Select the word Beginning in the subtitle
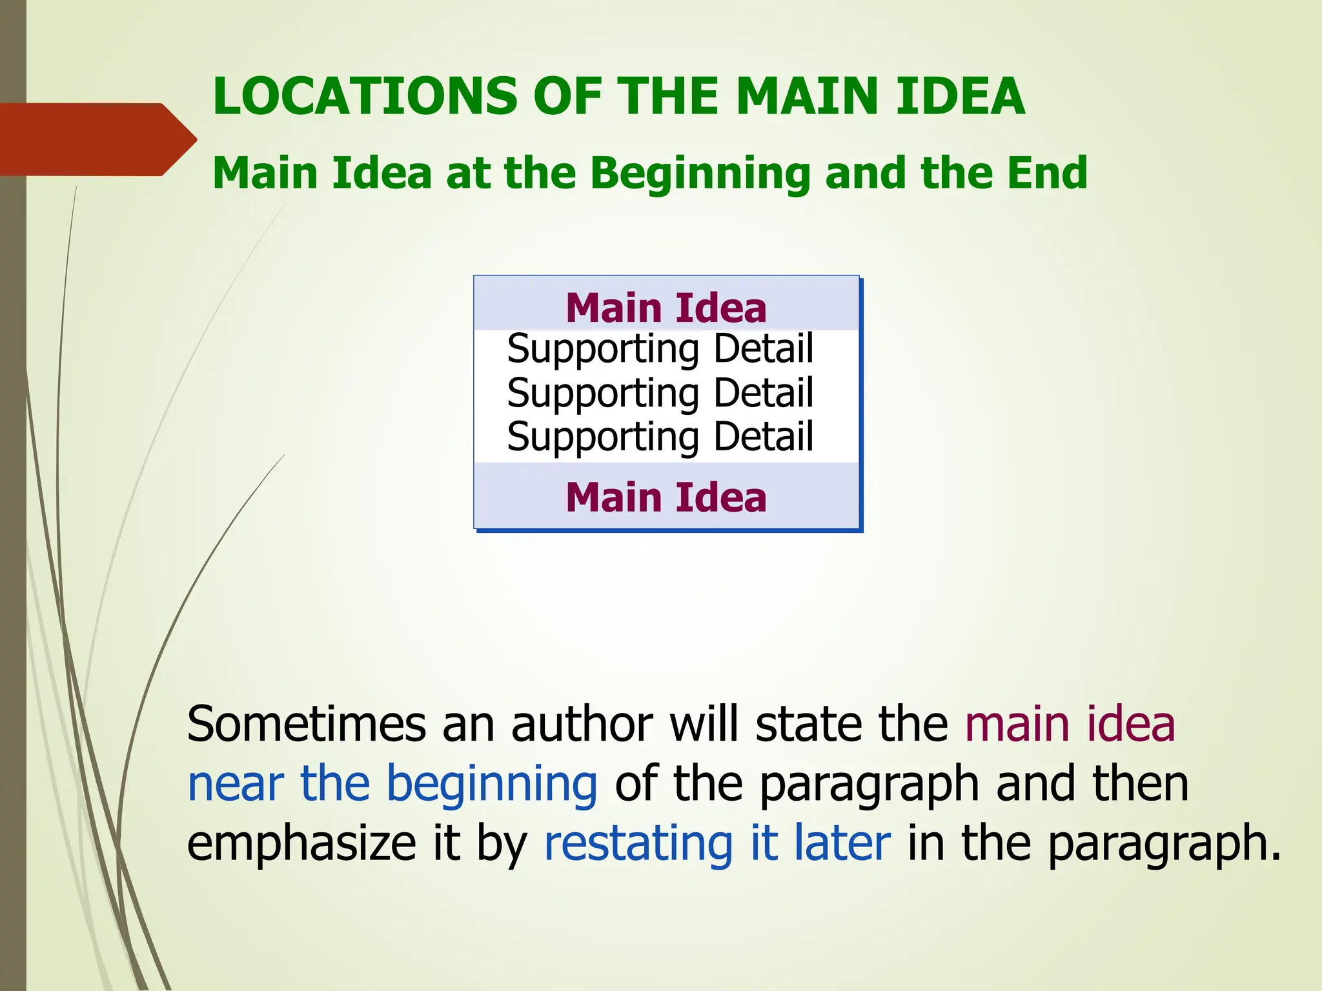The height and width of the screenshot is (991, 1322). click(700, 174)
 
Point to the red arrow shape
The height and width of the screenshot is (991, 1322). click(97, 139)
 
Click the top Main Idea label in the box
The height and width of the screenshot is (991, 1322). click(666, 308)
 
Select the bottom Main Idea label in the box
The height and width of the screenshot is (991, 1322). click(666, 497)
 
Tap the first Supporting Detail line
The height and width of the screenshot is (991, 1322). click(660, 349)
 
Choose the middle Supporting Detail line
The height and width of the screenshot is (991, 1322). click(660, 393)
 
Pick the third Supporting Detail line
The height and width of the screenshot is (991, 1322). click(660, 437)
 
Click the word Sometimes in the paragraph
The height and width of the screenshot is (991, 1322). click(306, 724)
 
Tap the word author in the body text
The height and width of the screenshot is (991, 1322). click(582, 724)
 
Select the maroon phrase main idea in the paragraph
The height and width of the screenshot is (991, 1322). click(1070, 724)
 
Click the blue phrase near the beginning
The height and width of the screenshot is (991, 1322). click(392, 785)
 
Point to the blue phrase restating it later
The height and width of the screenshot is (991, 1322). click(717, 843)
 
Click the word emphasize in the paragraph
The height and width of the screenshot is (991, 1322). click(301, 844)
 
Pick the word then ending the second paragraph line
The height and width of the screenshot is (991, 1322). click(1141, 783)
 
